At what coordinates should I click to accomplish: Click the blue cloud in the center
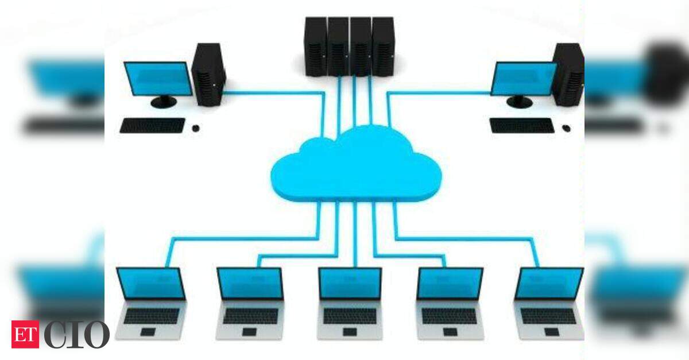coord(356,166)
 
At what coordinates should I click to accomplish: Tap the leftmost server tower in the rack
coord(316,46)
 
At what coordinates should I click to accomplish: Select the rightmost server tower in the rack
coord(383,46)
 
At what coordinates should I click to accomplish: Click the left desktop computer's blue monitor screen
coord(158,79)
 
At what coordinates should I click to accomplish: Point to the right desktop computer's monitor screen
coord(524,79)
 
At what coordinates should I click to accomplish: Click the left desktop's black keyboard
coord(153,126)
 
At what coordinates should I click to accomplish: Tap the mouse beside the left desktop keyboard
coord(196,128)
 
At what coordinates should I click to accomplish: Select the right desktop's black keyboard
coord(522,126)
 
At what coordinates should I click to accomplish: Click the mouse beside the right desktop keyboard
coord(566,128)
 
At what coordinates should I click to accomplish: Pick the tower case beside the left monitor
coord(208,75)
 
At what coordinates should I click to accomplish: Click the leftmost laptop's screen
coord(151,284)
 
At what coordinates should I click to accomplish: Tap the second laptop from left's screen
coord(250,284)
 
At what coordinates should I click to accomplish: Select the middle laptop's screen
coord(350,284)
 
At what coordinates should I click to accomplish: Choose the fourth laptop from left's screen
coord(450,284)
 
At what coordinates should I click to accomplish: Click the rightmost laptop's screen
coord(549,284)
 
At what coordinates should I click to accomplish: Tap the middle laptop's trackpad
coord(350,332)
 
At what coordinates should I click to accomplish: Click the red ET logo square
coord(25,334)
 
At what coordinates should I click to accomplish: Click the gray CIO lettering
coord(77,335)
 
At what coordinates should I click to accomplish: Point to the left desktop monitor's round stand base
coord(164,102)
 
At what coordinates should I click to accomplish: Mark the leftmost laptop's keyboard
coord(152,316)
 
